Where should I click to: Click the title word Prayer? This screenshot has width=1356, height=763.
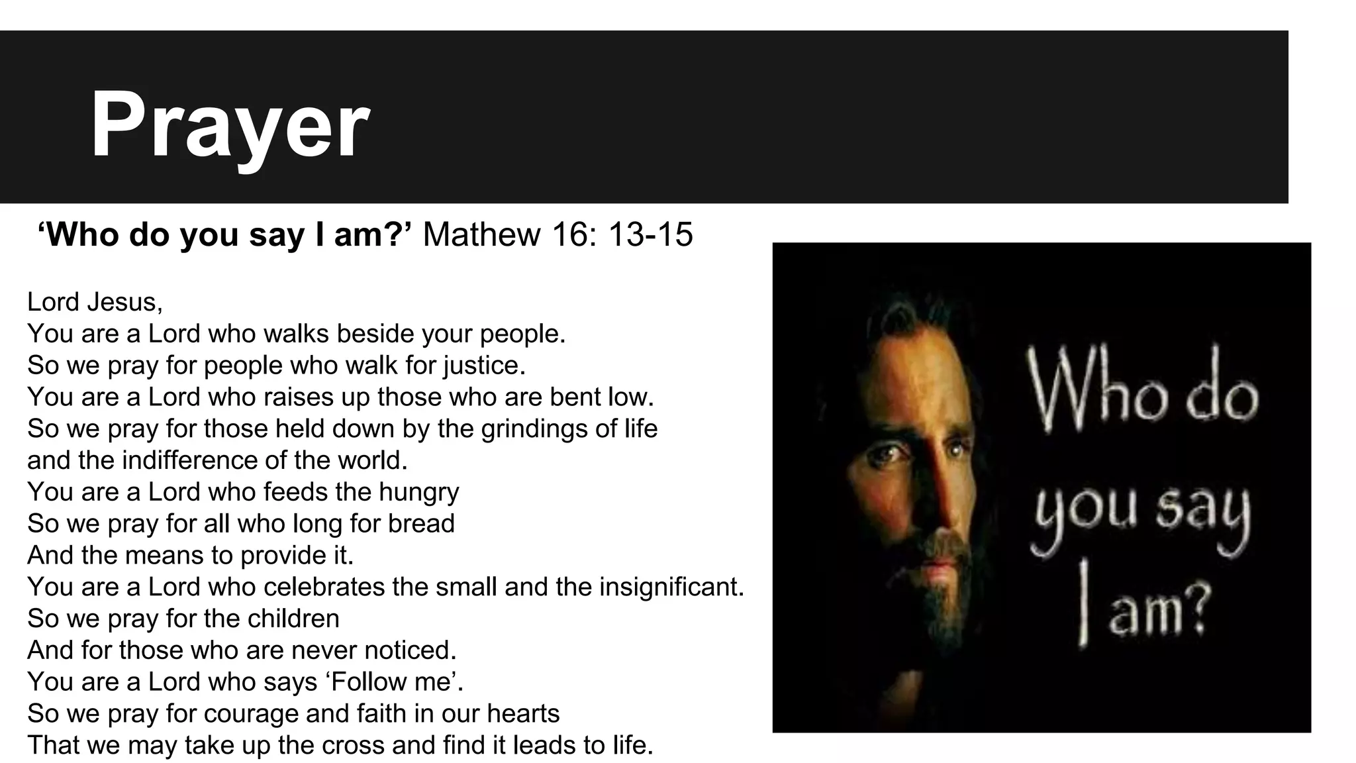coord(229,125)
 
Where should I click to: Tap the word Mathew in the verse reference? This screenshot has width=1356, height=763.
coord(481,234)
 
